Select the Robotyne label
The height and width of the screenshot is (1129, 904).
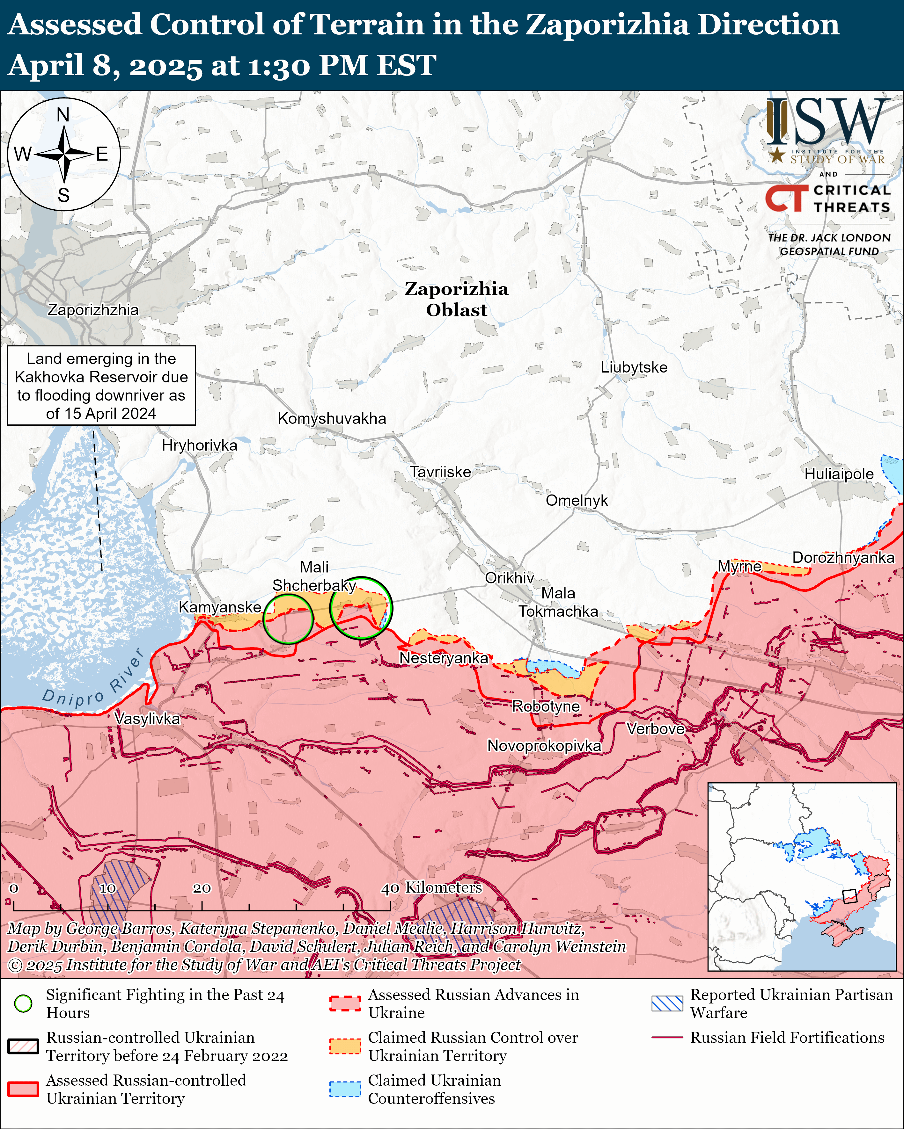click(x=546, y=706)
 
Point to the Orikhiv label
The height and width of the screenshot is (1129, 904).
click(x=509, y=578)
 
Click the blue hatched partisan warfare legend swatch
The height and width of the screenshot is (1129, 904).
click(x=667, y=1003)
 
